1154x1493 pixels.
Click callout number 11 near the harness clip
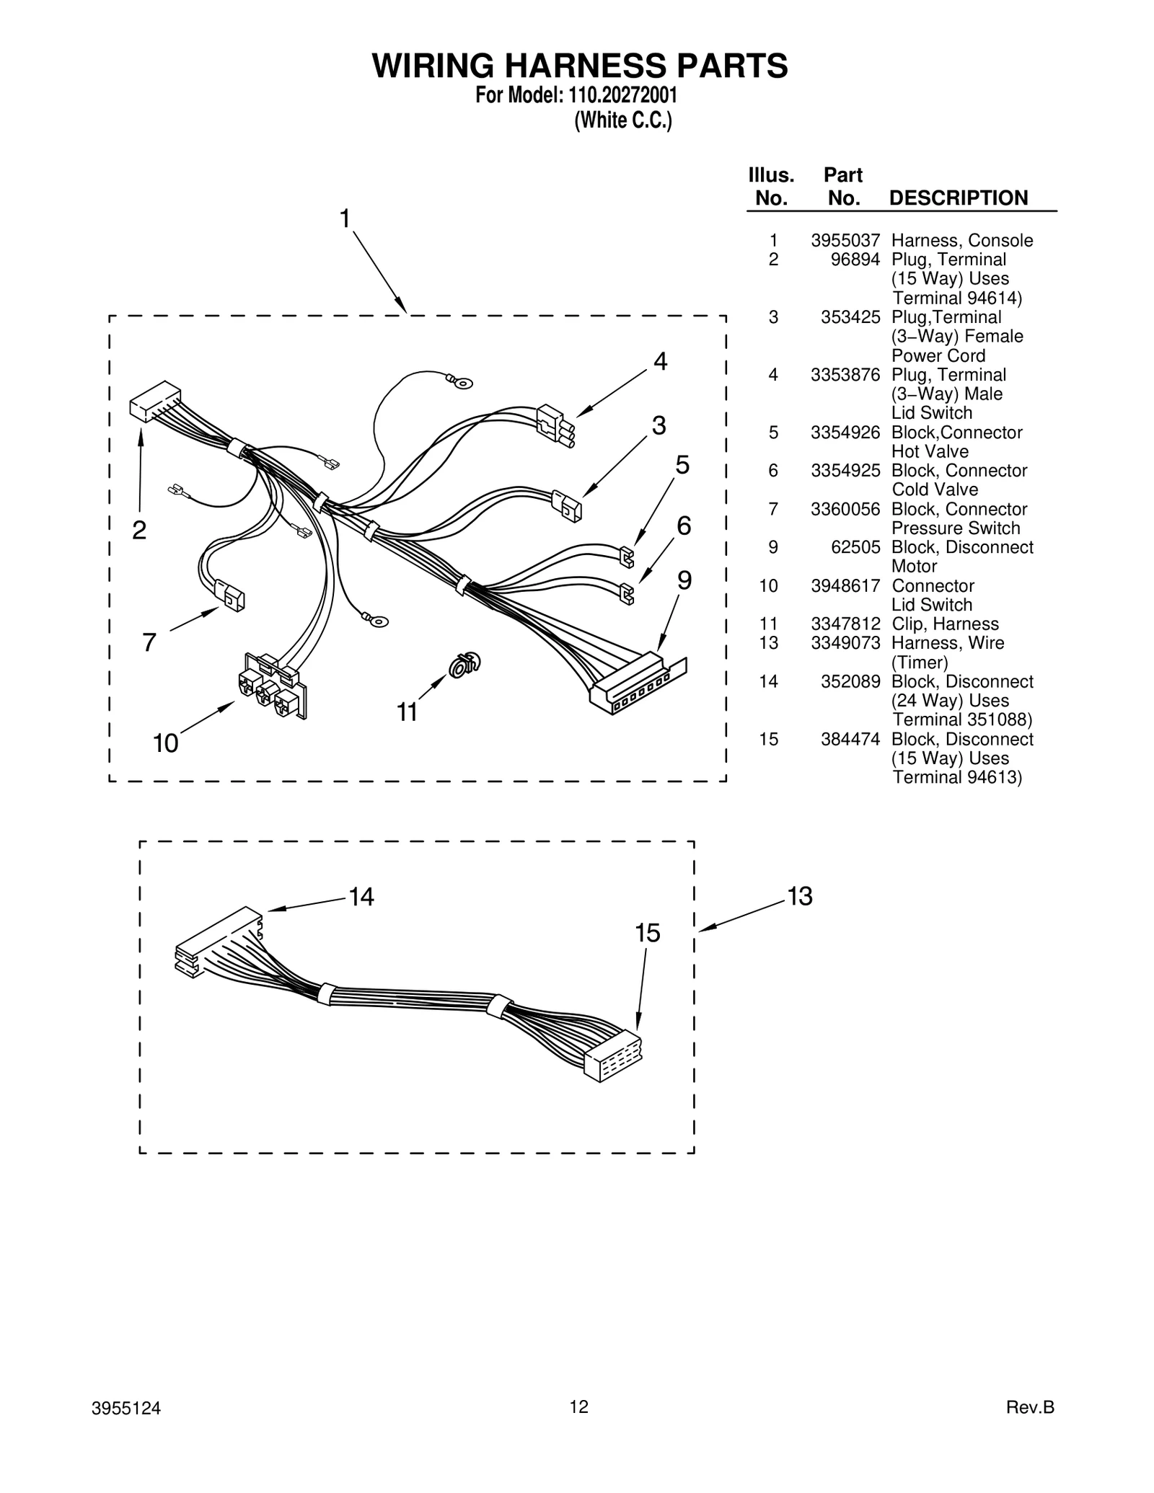pyautogui.click(x=408, y=712)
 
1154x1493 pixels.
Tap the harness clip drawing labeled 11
pyautogui.click(x=464, y=665)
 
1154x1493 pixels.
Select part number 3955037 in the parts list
pyautogui.click(x=845, y=241)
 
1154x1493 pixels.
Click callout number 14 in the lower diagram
pyautogui.click(x=361, y=897)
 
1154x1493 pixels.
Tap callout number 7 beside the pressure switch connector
pyautogui.click(x=149, y=642)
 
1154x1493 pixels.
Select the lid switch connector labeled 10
pyautogui.click(x=272, y=686)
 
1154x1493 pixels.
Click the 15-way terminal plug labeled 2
pyautogui.click(x=155, y=402)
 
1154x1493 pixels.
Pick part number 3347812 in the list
pyautogui.click(x=845, y=624)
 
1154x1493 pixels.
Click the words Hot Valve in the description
pyautogui.click(x=930, y=452)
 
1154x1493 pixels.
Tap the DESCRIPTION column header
pyautogui.click(x=959, y=198)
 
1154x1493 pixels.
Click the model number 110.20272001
pyautogui.click(x=617, y=96)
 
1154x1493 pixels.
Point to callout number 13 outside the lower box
pyautogui.click(x=800, y=896)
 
